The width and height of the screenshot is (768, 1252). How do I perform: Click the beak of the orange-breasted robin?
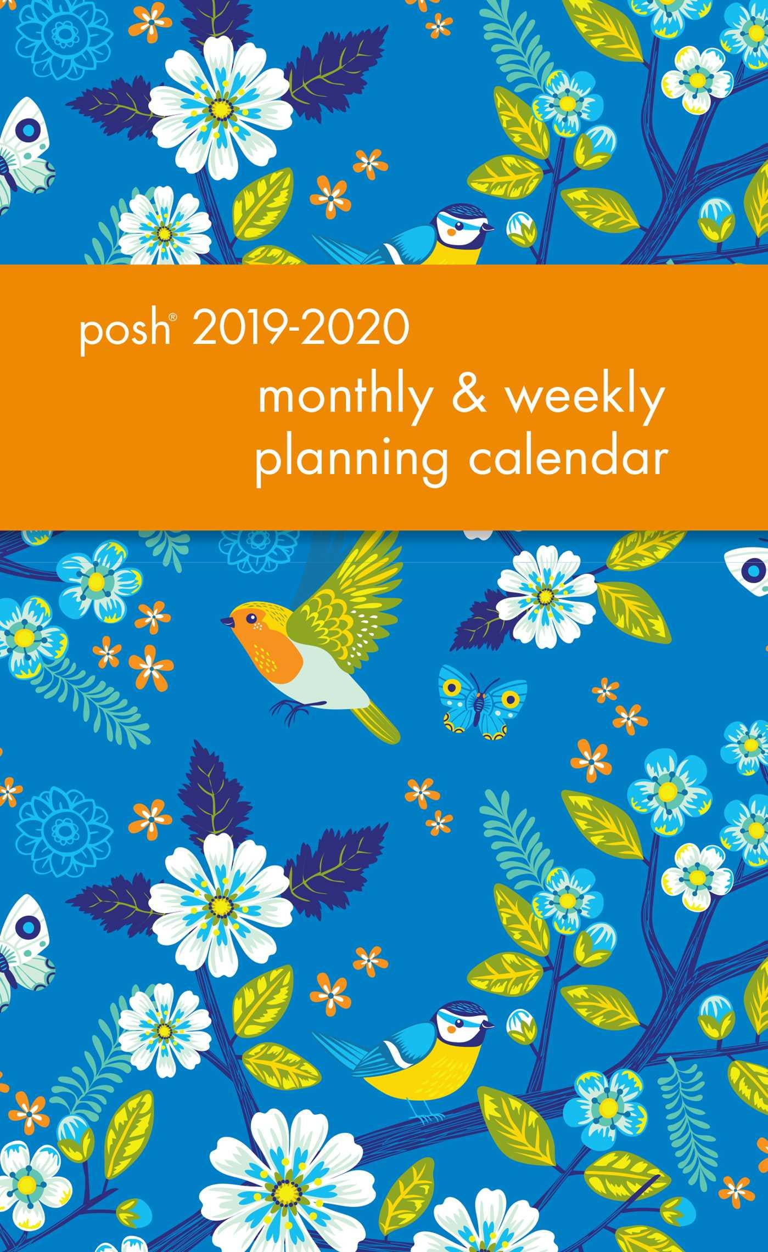(x=223, y=621)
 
